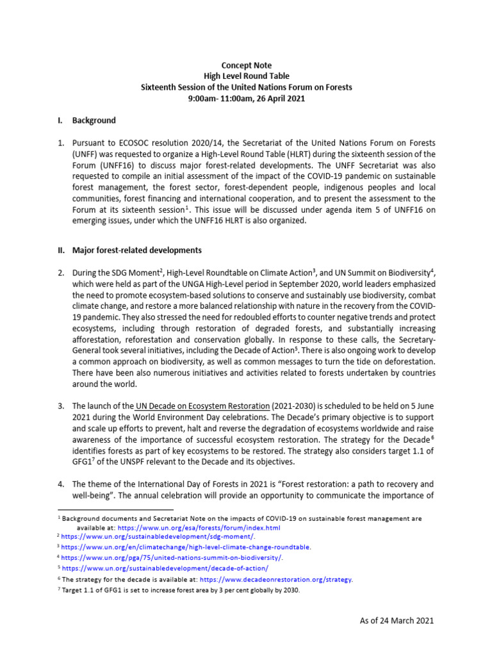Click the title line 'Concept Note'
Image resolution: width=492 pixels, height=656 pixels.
[x=247, y=65]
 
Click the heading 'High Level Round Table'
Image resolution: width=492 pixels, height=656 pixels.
[x=247, y=76]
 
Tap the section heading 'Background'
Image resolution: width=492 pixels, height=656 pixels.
[x=94, y=120]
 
